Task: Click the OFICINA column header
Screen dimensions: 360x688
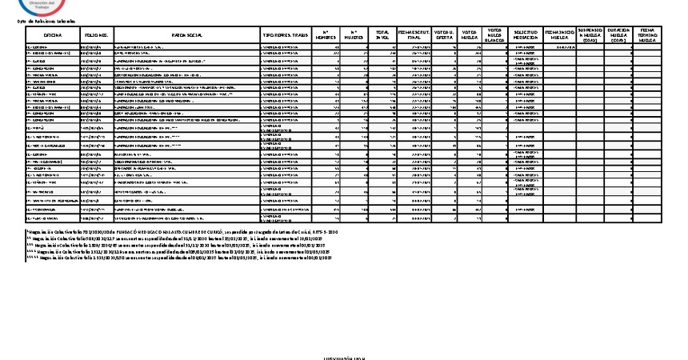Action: click(x=53, y=36)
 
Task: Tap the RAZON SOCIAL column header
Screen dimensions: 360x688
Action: click(x=186, y=36)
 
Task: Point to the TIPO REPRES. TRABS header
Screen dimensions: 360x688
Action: click(x=285, y=36)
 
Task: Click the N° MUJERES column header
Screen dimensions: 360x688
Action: click(x=354, y=36)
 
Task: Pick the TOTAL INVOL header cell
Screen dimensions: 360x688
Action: click(x=382, y=36)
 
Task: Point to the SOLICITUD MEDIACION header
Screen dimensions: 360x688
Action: click(x=526, y=36)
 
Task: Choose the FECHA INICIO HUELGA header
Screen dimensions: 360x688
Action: click(x=558, y=36)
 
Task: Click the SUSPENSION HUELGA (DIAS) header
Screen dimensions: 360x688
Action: click(x=590, y=36)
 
